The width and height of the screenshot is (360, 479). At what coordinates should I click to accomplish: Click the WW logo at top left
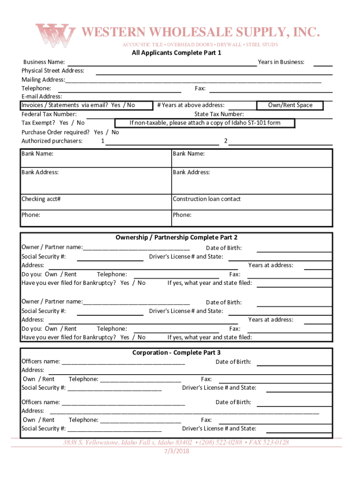pyautogui.click(x=55, y=35)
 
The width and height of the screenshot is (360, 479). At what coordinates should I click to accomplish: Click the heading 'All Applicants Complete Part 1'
pyautogui.click(x=176, y=53)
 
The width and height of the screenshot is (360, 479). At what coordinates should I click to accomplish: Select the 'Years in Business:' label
pyautogui.click(x=281, y=62)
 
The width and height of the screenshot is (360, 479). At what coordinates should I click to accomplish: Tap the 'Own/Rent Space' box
pyautogui.click(x=290, y=105)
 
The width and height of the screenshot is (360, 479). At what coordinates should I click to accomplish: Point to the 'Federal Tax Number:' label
pyautogui.click(x=49, y=114)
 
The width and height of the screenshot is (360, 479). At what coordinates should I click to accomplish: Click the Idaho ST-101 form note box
pyautogui.click(x=211, y=123)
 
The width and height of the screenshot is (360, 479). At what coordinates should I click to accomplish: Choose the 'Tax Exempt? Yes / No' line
pyautogui.click(x=53, y=123)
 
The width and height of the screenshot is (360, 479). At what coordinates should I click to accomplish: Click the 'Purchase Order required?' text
pyautogui.click(x=57, y=132)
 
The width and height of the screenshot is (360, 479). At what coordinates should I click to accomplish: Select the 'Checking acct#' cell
pyautogui.click(x=41, y=199)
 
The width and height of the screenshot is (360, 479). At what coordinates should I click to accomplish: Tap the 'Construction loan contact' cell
pyautogui.click(x=207, y=199)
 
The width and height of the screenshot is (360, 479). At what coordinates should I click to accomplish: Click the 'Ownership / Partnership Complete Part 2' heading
pyautogui.click(x=176, y=238)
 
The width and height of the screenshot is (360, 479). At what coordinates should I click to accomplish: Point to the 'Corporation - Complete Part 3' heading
pyautogui.click(x=176, y=353)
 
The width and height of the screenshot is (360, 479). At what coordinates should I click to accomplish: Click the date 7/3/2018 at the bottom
pyautogui.click(x=176, y=451)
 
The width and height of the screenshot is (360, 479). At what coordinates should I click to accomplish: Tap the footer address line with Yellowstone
pyautogui.click(x=176, y=443)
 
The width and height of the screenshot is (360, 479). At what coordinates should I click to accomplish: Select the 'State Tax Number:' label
pyautogui.click(x=219, y=114)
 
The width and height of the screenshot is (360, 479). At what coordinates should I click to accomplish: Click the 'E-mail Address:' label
pyautogui.click(x=42, y=96)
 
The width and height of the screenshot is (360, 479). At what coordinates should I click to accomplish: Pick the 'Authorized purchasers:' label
pyautogui.click(x=52, y=141)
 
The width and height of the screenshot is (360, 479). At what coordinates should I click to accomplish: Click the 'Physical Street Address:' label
pyautogui.click(x=53, y=71)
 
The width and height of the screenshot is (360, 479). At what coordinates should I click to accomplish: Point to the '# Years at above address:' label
pyautogui.click(x=191, y=105)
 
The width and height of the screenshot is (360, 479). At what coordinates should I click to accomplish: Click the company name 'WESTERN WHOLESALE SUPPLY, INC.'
pyautogui.click(x=201, y=32)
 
